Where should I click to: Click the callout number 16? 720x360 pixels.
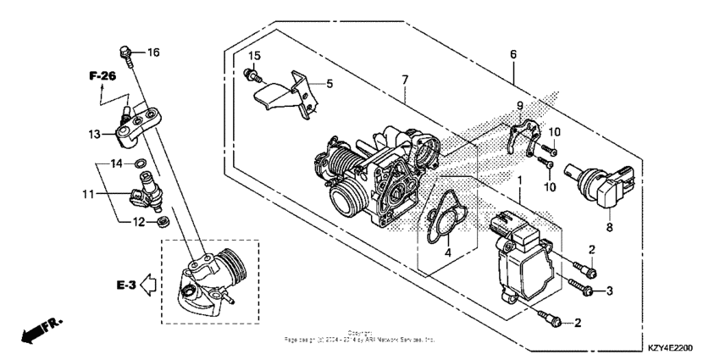coord(152,53)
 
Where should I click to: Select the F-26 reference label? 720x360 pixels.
coord(102,77)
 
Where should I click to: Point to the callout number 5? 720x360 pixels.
coord(330,83)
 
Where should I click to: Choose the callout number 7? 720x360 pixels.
coord(405,79)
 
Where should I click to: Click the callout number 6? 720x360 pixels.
coord(512,53)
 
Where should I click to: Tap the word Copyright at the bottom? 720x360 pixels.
coord(359,333)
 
